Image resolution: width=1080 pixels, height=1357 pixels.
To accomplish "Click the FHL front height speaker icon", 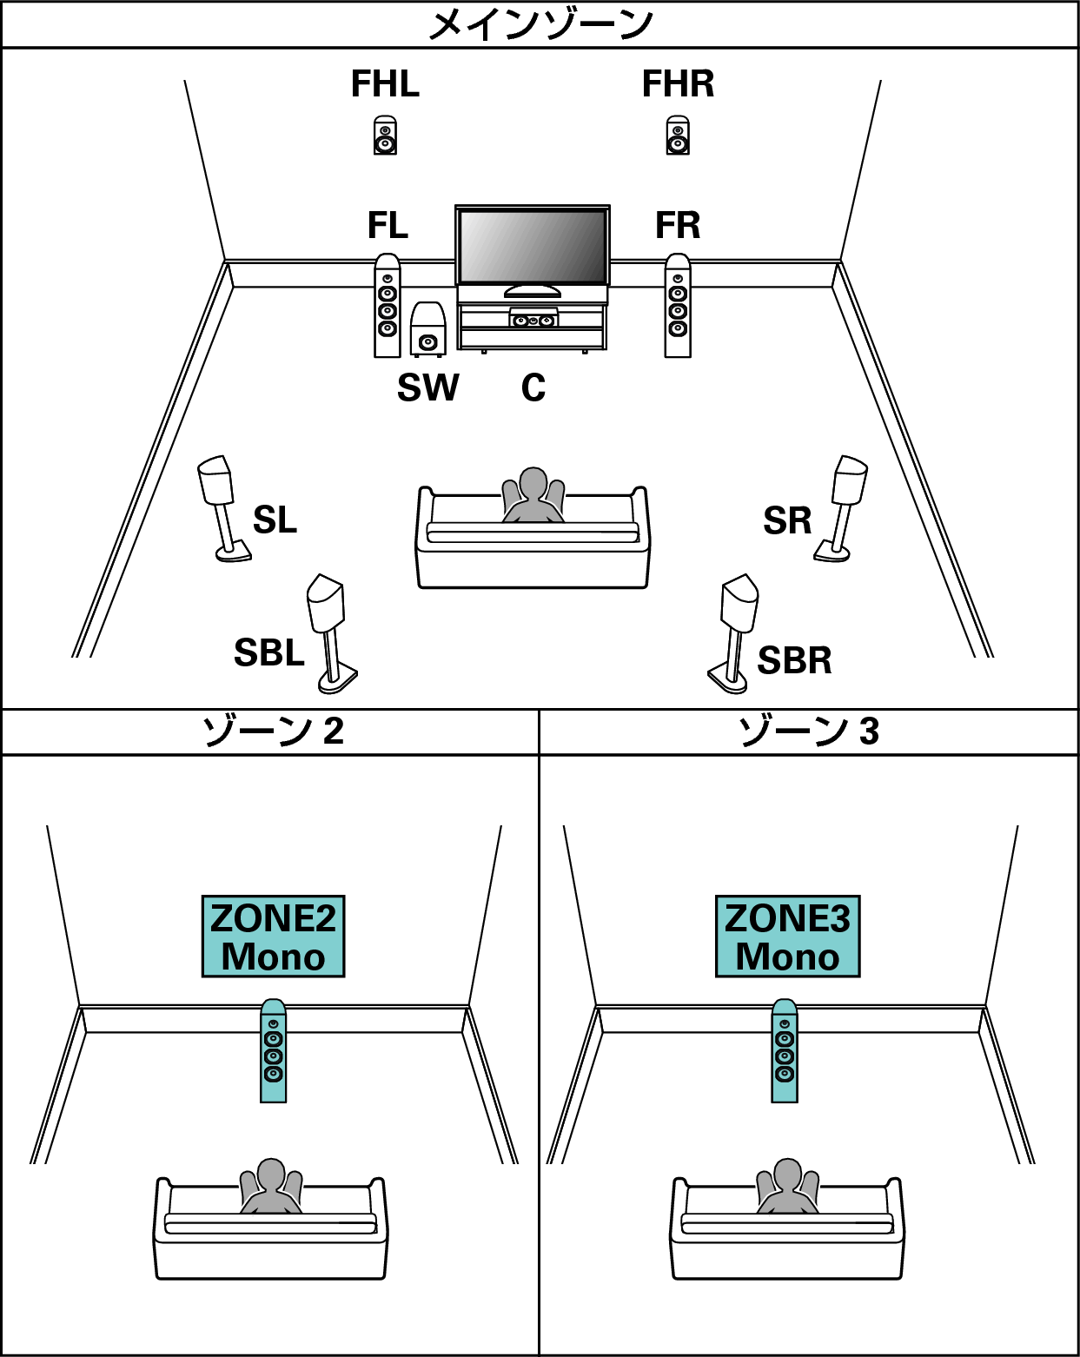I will tap(386, 136).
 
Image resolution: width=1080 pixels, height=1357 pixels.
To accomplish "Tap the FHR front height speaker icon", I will tap(678, 136).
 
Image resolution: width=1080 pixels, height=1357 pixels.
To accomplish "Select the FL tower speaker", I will tap(388, 306).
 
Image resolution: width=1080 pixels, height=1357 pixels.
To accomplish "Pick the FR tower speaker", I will tap(678, 306).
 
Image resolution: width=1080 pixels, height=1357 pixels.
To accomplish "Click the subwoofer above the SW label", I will tap(427, 329).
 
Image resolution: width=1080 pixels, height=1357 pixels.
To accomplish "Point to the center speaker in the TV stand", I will tap(533, 320).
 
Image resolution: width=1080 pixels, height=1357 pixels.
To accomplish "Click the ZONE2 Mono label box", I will tap(273, 937).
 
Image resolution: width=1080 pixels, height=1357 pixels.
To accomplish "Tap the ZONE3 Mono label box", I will tap(787, 937).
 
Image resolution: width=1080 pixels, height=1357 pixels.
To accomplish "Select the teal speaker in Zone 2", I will tap(274, 1051).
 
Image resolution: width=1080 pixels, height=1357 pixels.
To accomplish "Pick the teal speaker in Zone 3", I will tap(785, 1051).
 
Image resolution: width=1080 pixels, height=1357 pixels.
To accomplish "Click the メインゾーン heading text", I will tap(540, 24).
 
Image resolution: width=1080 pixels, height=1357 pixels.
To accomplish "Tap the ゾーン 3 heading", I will tap(808, 731).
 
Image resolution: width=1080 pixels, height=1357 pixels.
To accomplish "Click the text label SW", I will tap(427, 387).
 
